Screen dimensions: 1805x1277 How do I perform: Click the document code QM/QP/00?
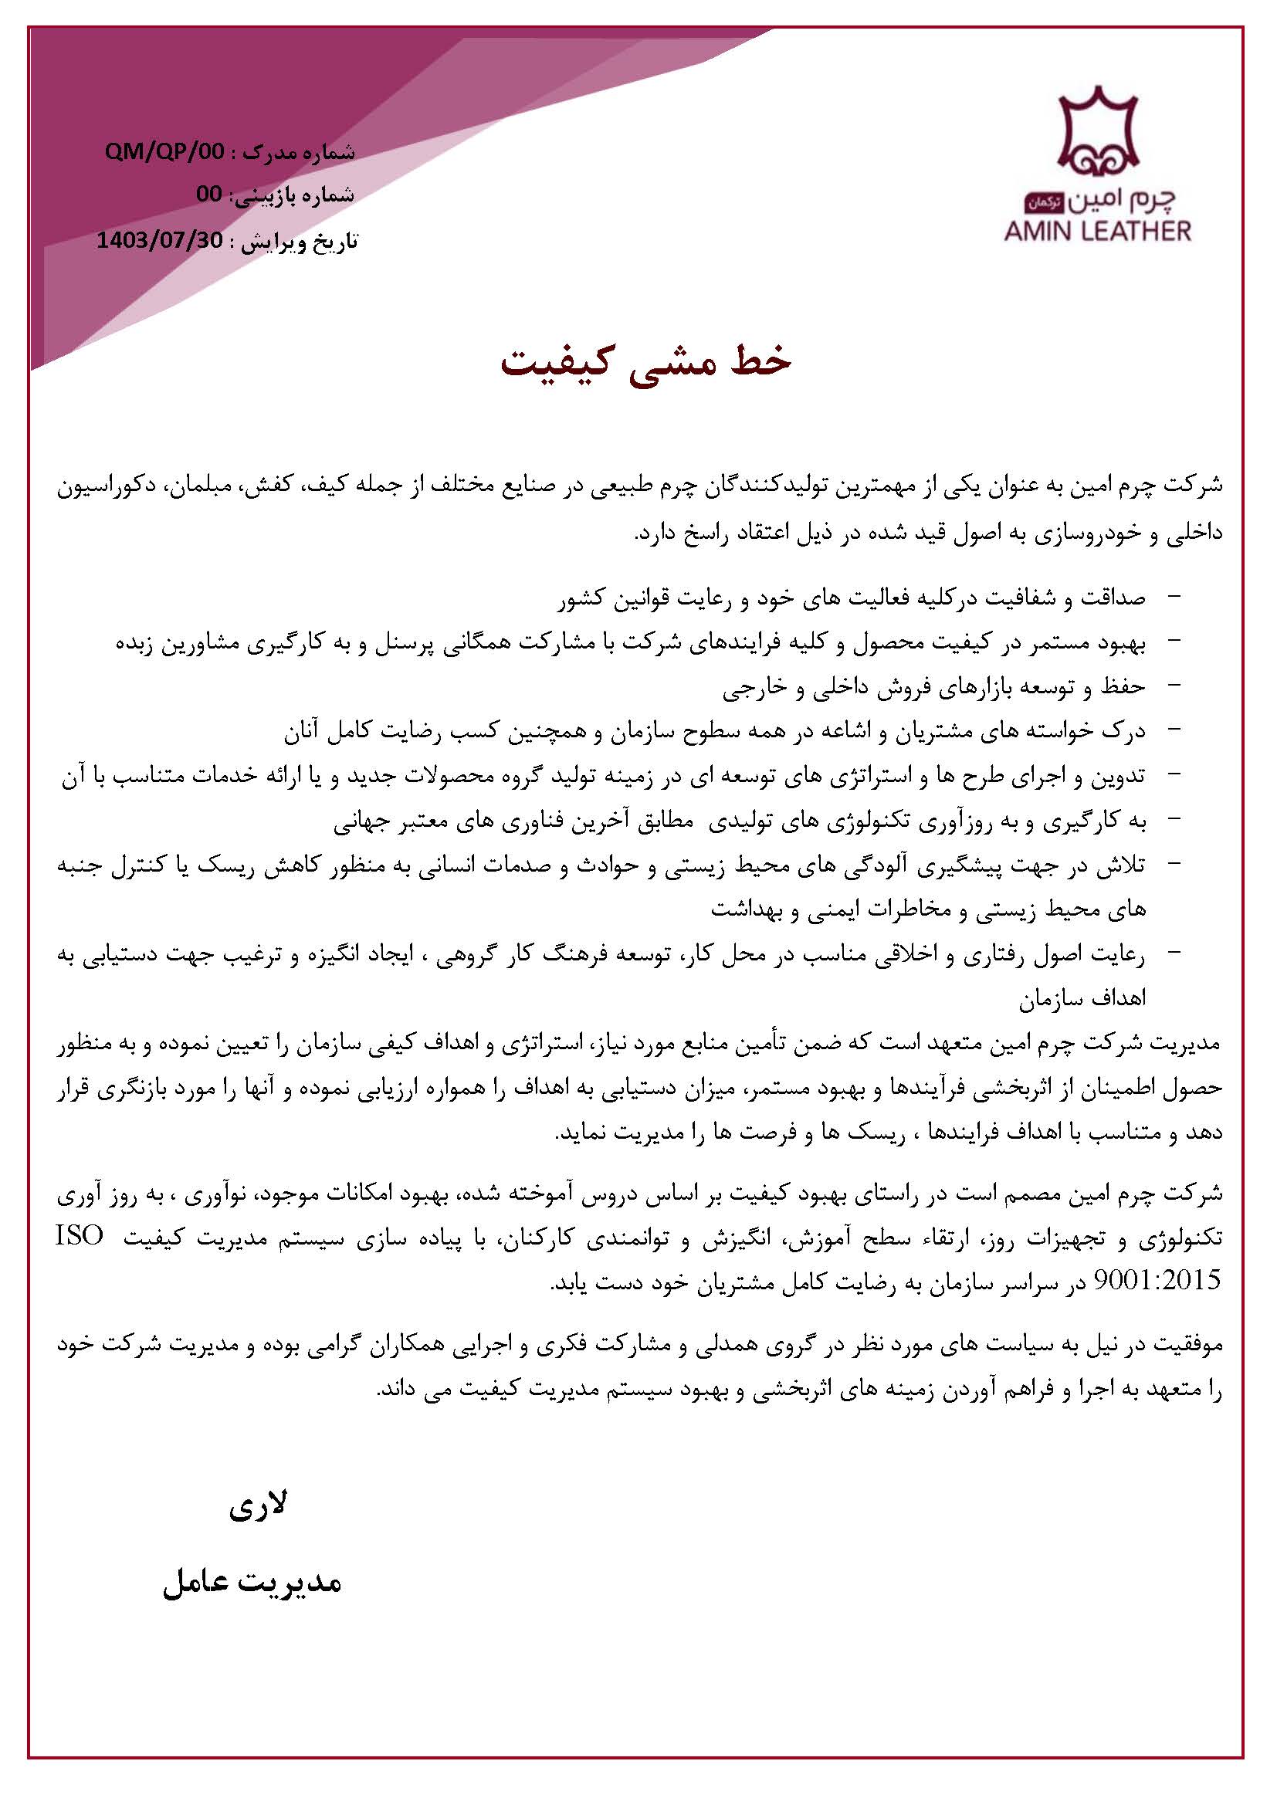pos(164,152)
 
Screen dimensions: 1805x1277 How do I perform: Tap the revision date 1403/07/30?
pos(160,240)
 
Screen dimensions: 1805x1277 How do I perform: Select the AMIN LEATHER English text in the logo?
pos(1097,231)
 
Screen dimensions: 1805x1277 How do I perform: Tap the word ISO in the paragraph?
pos(80,1237)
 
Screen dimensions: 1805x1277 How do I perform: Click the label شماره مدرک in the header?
pos(299,152)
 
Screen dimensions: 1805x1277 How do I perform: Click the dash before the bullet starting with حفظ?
pos(1175,686)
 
